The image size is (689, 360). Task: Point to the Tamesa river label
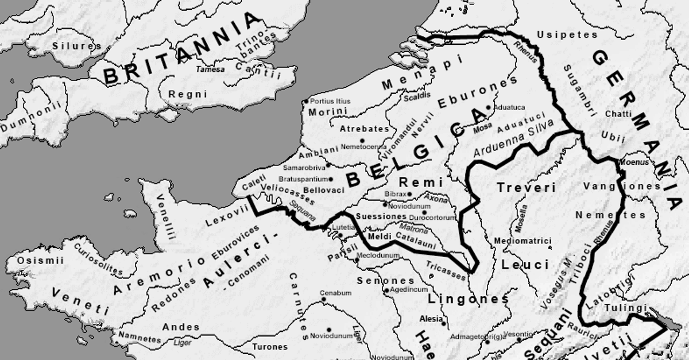pos(210,69)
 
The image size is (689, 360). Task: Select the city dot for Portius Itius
pos(305,102)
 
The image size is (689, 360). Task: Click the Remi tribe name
pos(421,182)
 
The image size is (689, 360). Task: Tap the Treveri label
pos(526,188)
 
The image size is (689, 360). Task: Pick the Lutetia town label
pos(343,227)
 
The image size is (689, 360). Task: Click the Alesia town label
pos(431,319)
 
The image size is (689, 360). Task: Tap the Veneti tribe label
pos(80,301)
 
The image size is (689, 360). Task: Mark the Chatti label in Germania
pos(618,114)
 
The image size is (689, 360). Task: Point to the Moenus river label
pos(634,162)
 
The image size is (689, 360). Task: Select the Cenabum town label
pos(335,293)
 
